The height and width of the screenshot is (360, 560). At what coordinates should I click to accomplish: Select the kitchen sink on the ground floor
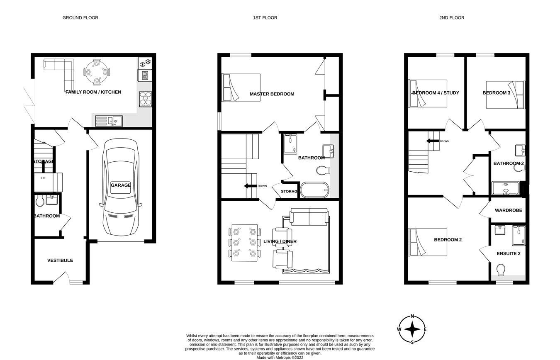(109, 121)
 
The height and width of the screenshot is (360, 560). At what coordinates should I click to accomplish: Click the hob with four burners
(145, 99)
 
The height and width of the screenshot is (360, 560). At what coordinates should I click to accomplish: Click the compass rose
(412, 329)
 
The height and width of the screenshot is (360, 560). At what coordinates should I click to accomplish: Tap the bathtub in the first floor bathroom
(314, 190)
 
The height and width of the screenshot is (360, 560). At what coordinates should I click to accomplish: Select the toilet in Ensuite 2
(501, 270)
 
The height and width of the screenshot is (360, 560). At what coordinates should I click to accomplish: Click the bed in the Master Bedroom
(241, 88)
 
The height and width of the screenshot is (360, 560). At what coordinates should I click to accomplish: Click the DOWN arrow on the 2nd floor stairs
(433, 141)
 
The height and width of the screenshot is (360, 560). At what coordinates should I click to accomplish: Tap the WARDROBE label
(508, 210)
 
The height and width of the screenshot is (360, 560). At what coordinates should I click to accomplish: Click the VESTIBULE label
(60, 260)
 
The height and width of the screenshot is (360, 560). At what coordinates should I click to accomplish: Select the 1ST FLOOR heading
(265, 18)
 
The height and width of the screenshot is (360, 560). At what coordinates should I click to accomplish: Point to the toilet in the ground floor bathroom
(40, 201)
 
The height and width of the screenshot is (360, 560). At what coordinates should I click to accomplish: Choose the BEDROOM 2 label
(448, 240)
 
